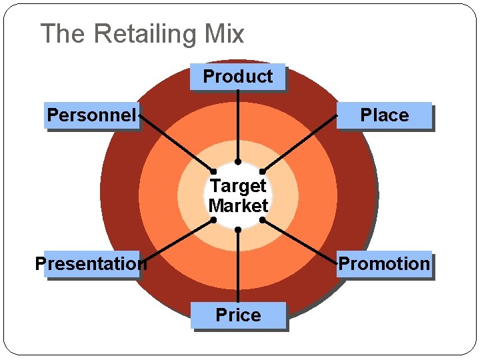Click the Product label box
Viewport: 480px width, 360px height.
237,77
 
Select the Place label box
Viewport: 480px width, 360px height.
384,115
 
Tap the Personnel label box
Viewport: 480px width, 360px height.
91,115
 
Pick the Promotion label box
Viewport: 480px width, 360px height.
384,264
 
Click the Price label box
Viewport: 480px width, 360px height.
238,315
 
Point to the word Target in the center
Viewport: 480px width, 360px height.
238,185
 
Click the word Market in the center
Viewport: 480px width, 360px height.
238,206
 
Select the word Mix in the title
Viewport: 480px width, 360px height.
225,33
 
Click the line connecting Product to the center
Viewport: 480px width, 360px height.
238,127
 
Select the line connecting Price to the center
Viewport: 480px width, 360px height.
238,267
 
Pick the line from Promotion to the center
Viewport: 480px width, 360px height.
300,241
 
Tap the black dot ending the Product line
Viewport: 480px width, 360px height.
238,161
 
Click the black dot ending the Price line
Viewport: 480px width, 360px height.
238,229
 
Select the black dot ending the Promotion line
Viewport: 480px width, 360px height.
263,219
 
